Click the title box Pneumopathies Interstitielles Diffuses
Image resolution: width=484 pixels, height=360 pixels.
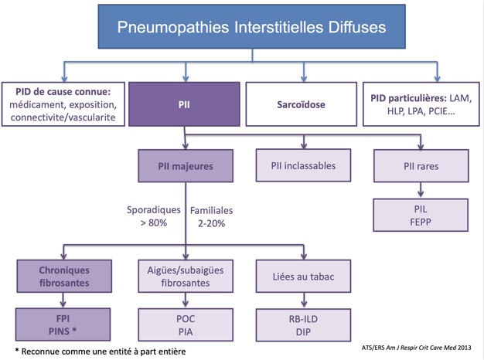251,26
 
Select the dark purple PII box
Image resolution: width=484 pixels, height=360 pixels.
184,104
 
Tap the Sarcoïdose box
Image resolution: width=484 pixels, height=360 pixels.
302,104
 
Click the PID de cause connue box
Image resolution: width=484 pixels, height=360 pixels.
63,104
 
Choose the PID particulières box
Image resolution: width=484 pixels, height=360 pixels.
421,104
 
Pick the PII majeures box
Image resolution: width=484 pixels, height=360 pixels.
186,166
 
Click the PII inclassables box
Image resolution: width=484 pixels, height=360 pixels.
303,165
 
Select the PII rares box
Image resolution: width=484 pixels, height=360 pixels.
421,166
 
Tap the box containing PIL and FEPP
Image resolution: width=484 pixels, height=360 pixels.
421,215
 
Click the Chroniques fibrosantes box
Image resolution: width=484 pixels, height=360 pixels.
64,276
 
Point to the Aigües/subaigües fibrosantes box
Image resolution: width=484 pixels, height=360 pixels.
186,276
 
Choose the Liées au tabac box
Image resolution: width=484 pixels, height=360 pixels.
303,276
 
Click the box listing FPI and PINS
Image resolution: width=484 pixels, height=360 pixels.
63,324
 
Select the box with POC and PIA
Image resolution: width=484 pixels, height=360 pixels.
186,324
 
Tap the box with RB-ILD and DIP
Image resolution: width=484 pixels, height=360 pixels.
303,325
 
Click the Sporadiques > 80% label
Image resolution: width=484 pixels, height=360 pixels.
154,216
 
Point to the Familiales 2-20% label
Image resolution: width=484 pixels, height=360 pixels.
211,217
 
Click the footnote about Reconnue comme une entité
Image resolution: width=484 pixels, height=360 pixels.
101,352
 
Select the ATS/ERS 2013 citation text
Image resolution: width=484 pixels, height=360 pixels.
417,348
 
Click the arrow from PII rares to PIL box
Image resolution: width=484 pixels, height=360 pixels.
421,190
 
